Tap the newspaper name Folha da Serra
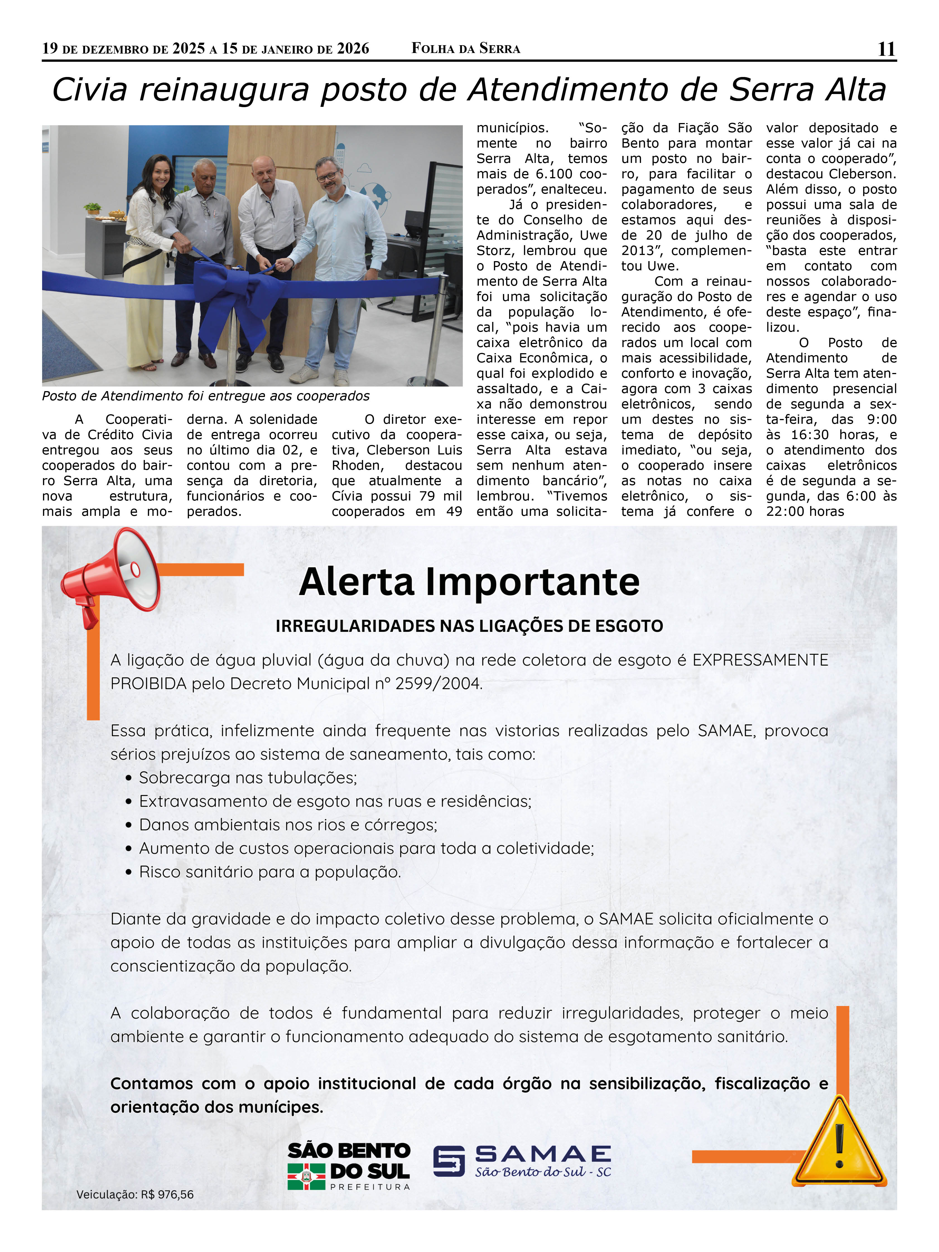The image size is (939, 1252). (465, 49)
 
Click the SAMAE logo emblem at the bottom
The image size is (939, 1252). (449, 1161)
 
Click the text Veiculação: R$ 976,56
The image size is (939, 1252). (135, 1194)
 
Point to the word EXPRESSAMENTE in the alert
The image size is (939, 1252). (760, 660)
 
